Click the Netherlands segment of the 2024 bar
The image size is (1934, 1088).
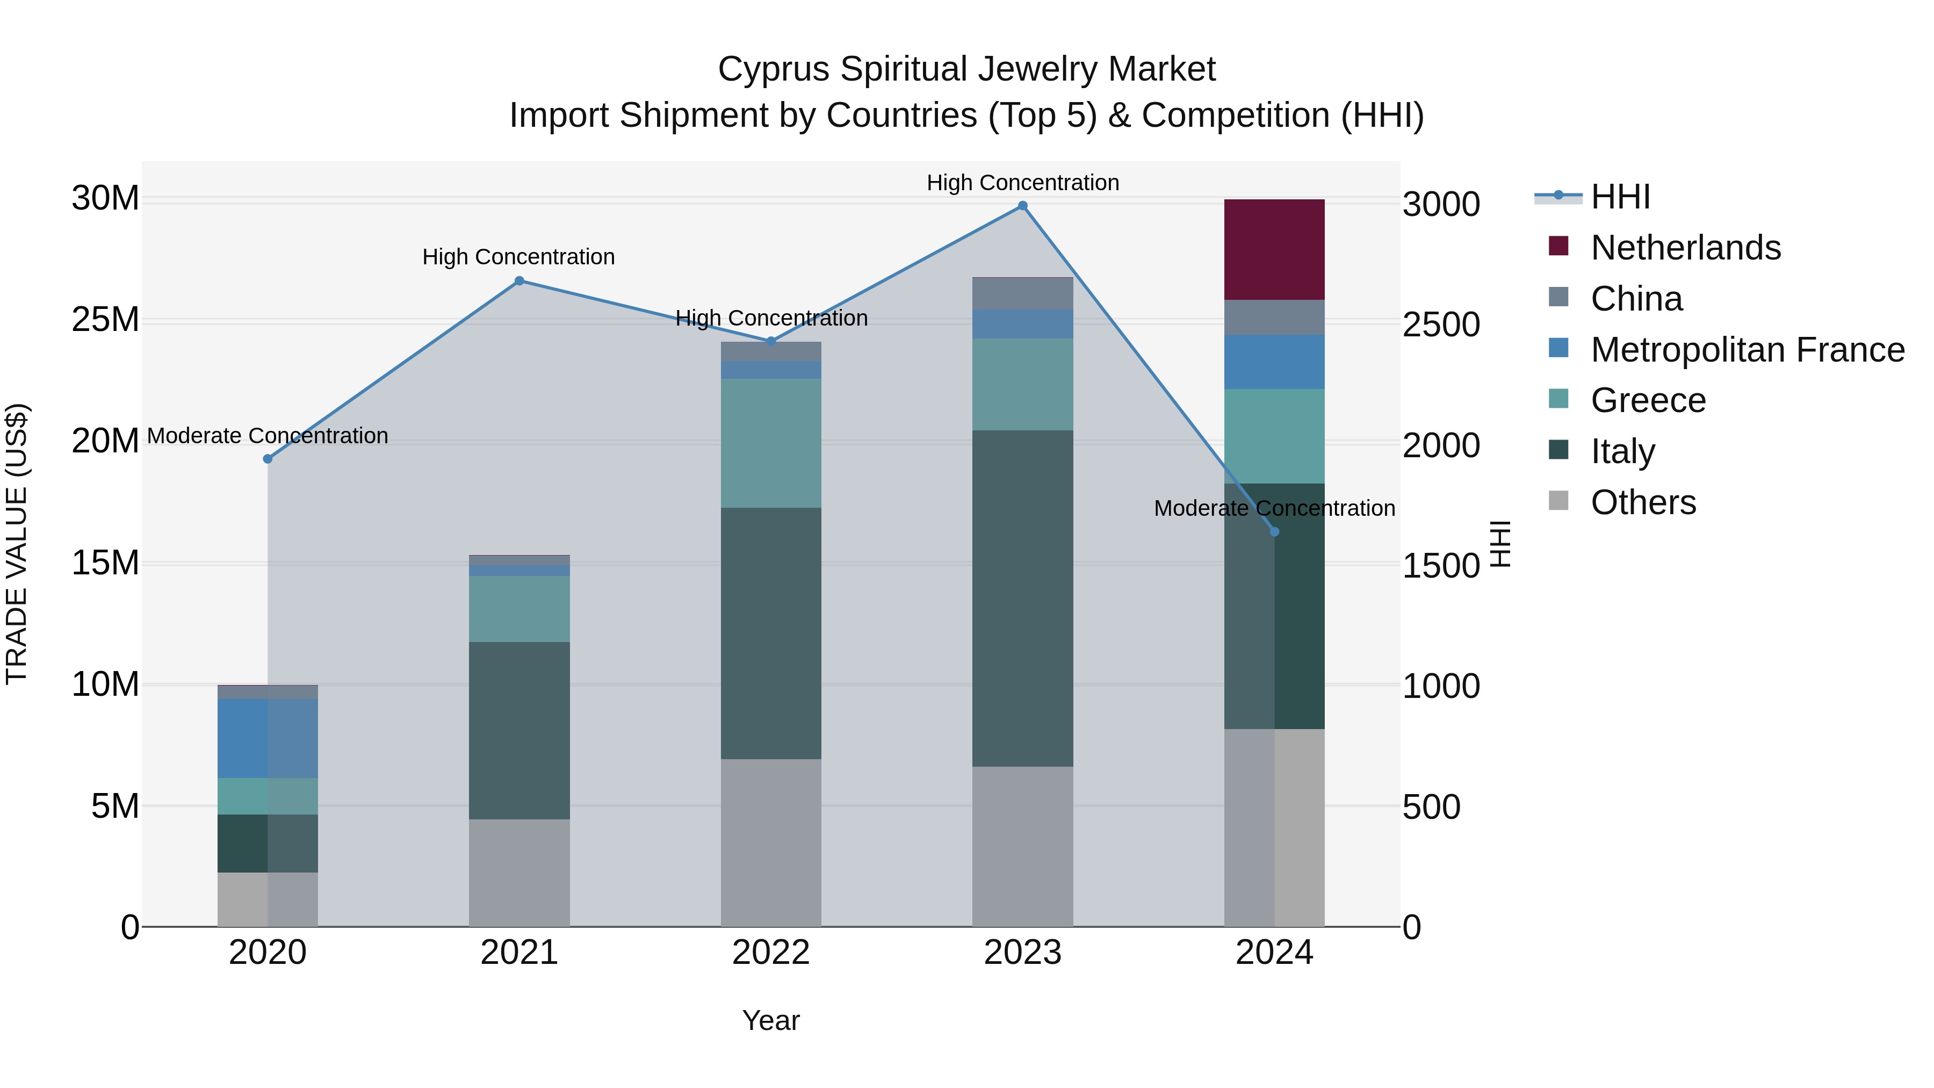1274,249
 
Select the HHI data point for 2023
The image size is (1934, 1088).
1022,206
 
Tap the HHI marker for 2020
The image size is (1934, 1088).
268,459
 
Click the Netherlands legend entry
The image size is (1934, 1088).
1685,248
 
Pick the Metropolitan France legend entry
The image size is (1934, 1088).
1747,350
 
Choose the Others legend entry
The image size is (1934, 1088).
1643,502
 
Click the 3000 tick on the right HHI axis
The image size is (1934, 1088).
1441,204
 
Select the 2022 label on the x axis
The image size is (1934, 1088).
770,953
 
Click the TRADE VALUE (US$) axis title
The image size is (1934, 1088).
17,544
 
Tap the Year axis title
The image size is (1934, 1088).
770,1020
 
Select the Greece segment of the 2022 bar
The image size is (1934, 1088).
770,443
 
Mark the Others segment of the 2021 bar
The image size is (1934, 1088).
519,873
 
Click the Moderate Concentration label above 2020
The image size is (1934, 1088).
268,436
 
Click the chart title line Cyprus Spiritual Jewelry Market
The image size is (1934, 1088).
966,69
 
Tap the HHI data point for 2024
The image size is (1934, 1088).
1274,531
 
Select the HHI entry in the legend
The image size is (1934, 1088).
1619,197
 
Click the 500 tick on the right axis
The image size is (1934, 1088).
1431,807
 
